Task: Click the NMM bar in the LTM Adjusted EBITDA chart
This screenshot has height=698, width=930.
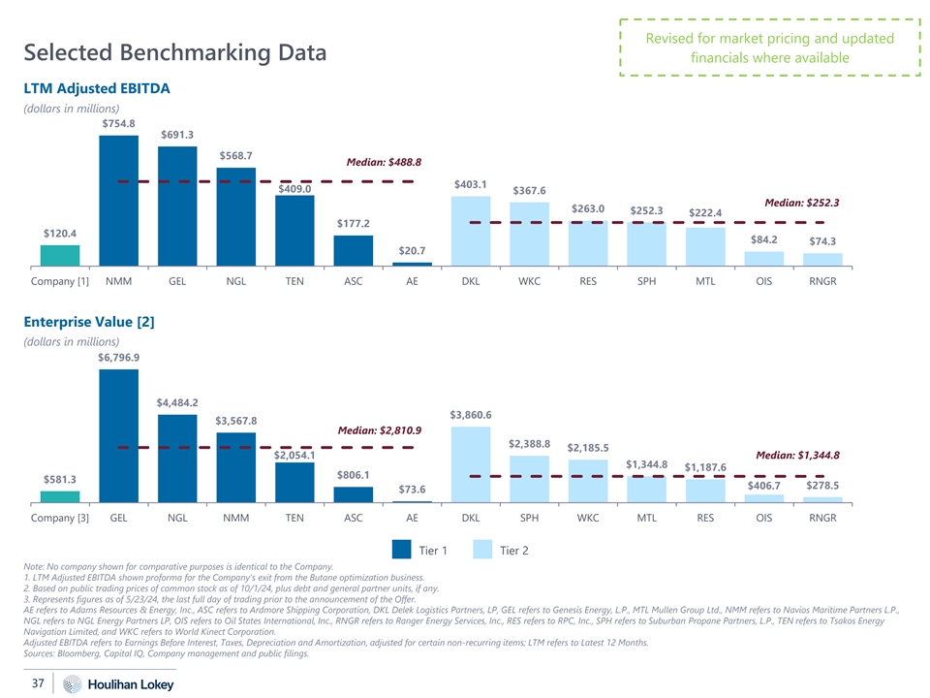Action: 118,200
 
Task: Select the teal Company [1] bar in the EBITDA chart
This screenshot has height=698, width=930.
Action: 60,254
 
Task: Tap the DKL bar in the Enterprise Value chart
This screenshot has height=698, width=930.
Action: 471,464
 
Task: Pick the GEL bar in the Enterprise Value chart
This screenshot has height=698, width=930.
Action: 118,435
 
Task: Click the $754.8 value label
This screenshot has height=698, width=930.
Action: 118,123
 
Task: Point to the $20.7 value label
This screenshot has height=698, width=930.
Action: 413,251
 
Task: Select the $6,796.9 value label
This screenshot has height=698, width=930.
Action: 118,357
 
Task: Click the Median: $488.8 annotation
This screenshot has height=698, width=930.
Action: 378,162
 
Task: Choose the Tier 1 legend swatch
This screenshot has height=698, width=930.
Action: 403,551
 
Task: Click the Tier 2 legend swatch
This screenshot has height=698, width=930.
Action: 485,551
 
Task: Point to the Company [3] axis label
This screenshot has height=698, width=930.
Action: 60,518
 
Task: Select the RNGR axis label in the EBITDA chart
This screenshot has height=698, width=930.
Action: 822,282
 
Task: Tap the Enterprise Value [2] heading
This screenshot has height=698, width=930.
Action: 89,320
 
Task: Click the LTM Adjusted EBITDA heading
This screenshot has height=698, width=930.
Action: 97,88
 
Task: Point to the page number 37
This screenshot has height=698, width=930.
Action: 38,684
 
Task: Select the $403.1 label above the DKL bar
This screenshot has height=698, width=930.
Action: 471,183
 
